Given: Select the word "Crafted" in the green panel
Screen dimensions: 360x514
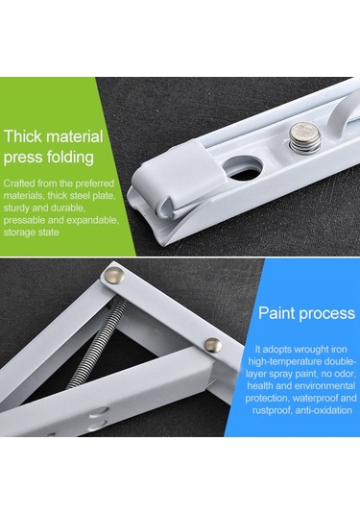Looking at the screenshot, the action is click(x=19, y=183).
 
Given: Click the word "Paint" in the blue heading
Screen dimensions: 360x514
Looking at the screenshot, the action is click(x=277, y=313).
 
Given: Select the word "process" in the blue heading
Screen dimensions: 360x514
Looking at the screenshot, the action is click(x=327, y=314).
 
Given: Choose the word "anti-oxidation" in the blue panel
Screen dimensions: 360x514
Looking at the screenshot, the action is click(x=324, y=410).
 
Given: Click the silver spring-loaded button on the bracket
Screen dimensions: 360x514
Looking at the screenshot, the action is click(x=305, y=138).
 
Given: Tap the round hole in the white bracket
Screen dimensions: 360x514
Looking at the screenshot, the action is click(x=245, y=169).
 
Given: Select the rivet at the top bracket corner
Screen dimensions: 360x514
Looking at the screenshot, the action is click(x=115, y=276).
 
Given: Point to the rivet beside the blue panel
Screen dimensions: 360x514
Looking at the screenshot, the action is click(x=212, y=346).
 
